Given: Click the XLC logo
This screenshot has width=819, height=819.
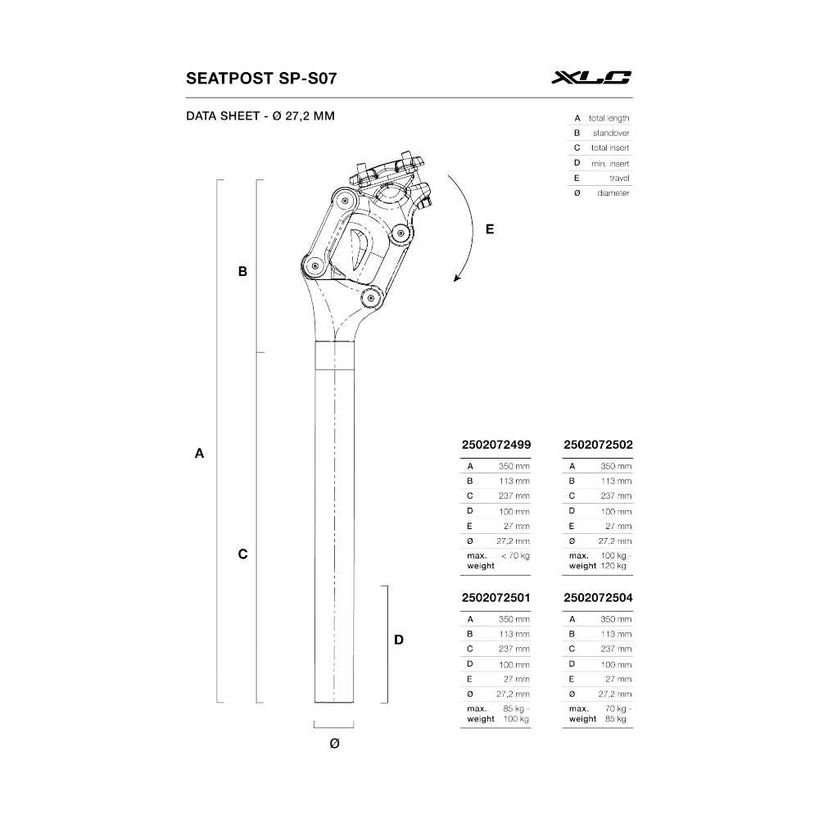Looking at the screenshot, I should (591, 79).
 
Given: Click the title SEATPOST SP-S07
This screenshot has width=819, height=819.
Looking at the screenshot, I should (261, 79).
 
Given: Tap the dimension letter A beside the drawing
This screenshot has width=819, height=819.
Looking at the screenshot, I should (198, 453).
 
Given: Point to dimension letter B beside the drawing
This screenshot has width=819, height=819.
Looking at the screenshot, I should (242, 271).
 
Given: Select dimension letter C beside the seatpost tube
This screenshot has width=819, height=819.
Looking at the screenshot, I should (242, 554).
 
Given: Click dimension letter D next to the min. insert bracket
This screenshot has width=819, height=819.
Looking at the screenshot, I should (399, 640).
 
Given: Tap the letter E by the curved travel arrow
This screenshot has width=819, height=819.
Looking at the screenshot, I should (490, 230).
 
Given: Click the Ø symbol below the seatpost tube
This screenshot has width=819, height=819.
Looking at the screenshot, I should (333, 743).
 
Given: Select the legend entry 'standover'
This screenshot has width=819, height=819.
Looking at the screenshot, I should (613, 133).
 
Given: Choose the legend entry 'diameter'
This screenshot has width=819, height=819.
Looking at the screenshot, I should (613, 192).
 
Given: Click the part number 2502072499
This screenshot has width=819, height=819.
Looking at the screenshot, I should (496, 444).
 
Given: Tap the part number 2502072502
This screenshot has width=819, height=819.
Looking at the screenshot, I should (599, 444).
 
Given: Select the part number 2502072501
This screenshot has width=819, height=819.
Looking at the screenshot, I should (496, 598).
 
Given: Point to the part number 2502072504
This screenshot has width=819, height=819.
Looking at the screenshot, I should (599, 598).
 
